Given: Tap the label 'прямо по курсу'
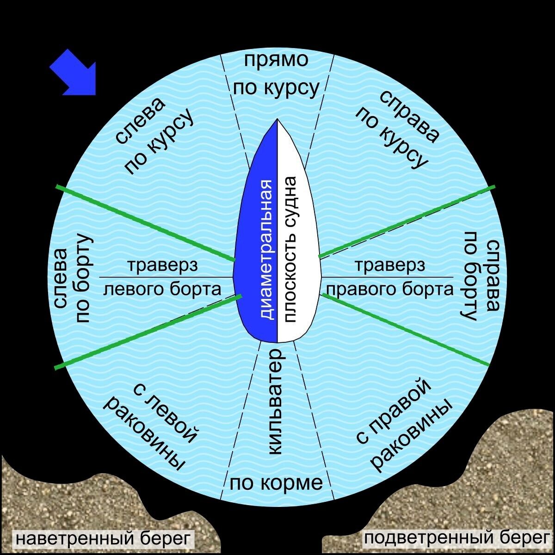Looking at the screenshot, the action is coord(276,74).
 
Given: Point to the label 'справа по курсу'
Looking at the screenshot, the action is coord(398,129).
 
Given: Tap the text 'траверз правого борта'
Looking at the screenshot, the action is coord(389,277).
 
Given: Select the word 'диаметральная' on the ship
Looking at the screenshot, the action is coord(266,250).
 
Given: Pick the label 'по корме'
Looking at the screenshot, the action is coord(276,483).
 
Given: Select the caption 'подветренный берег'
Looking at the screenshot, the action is coord(456,538).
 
